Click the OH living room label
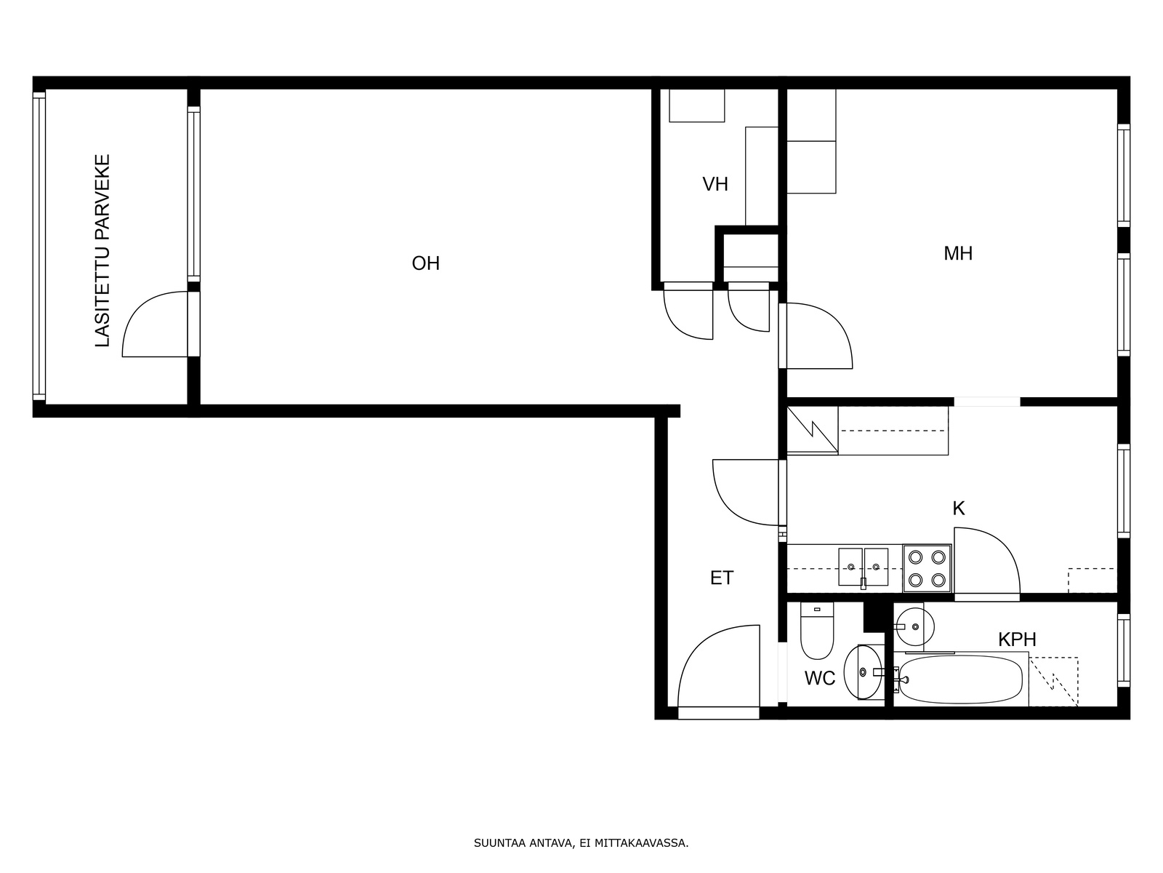tap(425, 263)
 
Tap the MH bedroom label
tap(958, 253)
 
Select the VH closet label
tap(715, 184)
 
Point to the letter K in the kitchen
tap(959, 509)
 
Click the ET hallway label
tap(722, 578)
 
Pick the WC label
tap(820, 678)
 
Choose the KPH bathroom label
tap(1017, 639)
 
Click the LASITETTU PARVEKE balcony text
tap(102, 251)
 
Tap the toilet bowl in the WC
tap(817, 630)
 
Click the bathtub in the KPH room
tap(961, 679)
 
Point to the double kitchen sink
tap(863, 567)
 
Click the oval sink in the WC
tap(863, 672)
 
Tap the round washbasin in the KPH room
tap(914, 626)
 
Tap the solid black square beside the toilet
tap(874, 616)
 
